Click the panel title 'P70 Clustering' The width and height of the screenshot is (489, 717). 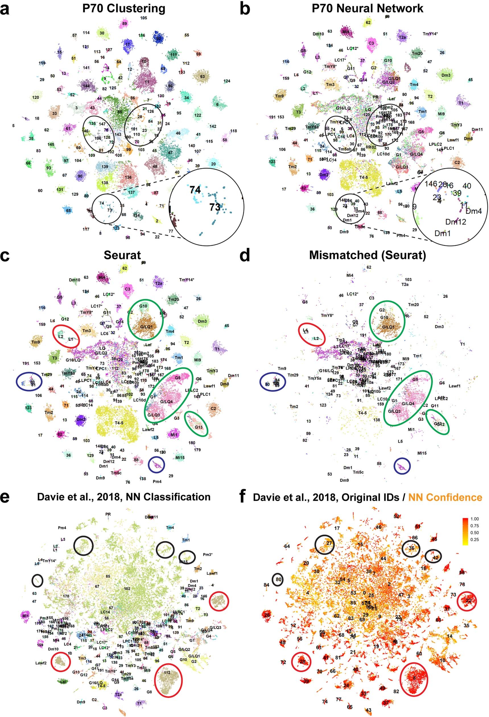[x=123, y=8]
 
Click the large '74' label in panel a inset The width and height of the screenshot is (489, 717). [x=195, y=189]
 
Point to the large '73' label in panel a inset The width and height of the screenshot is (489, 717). [x=214, y=207]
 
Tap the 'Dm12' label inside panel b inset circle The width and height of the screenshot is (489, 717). [x=455, y=222]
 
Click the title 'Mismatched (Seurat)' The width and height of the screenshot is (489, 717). [x=367, y=255]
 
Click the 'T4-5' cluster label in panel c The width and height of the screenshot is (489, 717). [x=119, y=423]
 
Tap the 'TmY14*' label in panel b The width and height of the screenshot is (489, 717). [x=430, y=34]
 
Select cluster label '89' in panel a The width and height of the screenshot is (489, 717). [x=124, y=23]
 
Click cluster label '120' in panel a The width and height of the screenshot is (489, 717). [x=36, y=98]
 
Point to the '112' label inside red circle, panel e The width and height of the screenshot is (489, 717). [x=167, y=673]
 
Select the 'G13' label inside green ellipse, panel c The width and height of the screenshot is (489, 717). [x=198, y=427]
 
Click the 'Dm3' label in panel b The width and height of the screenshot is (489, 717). [x=445, y=75]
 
